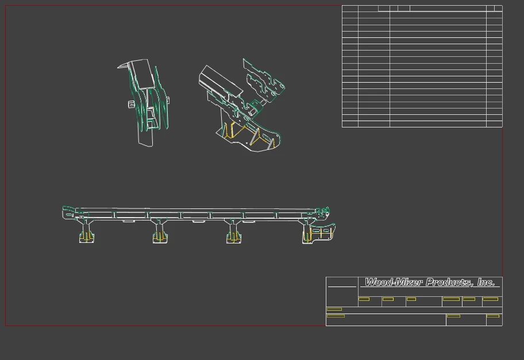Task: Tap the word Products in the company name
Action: tap(450, 282)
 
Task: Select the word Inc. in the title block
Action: tap(486, 282)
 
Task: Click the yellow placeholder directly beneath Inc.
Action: tap(490, 299)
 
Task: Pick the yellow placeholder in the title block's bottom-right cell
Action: tap(493, 316)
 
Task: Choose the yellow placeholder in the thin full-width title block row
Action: tap(334, 309)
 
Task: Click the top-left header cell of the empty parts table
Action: tap(350, 9)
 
